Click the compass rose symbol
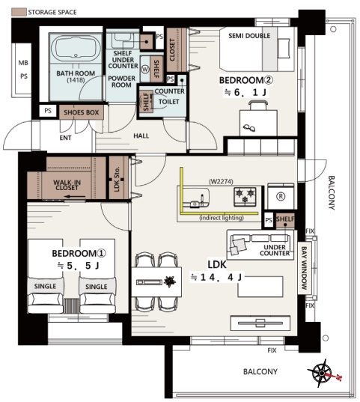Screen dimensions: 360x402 pos(322,373)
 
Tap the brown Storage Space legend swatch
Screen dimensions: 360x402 pos(19,12)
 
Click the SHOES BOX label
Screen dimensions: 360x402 pos(82,112)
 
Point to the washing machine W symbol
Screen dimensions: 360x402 pos(145,69)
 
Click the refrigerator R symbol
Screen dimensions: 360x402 pos(281,197)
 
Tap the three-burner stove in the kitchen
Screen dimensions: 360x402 pos(245,197)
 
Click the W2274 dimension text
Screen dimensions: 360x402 pos(221,181)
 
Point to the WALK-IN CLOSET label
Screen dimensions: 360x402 pos(67,185)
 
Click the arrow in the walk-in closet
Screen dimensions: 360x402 pos(75,197)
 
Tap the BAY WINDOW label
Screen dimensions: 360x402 pos(304,268)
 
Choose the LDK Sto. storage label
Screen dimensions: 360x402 pos(117,179)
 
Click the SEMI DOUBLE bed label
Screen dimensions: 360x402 pos(249,36)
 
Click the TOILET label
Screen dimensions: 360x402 pos(168,102)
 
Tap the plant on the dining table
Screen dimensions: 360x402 pos(170,281)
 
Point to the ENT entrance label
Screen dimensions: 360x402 pos(65,138)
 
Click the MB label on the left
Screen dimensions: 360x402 pos(23,63)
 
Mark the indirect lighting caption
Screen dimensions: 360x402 pos(222,218)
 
